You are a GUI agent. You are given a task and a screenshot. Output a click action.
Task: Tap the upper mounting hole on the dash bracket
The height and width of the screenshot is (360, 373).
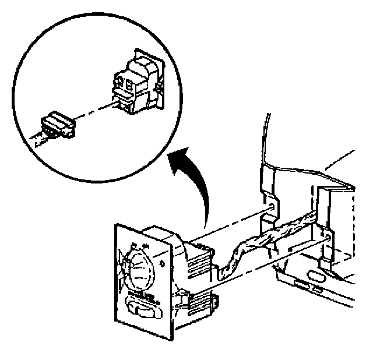(270, 206)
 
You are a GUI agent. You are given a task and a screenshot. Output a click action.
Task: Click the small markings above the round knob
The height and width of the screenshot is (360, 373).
(140, 244)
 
